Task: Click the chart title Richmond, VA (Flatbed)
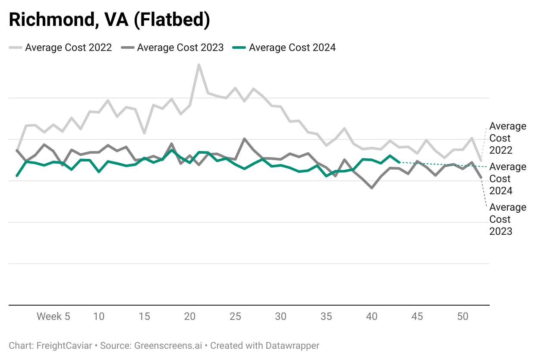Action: point(110,20)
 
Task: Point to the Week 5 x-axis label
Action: point(53,316)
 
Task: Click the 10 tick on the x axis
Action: point(99,316)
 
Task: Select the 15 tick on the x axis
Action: point(145,316)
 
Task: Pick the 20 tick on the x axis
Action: point(190,316)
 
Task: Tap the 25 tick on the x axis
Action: point(235,316)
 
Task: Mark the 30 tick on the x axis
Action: point(281,316)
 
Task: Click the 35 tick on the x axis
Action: point(326,316)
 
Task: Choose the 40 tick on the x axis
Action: point(372,316)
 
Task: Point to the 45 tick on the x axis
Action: point(417,316)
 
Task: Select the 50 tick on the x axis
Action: point(463,316)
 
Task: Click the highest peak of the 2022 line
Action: point(198,65)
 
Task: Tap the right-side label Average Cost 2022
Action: point(507,138)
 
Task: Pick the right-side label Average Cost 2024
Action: point(507,179)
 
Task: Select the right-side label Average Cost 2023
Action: point(507,219)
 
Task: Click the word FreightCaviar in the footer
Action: point(64,346)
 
